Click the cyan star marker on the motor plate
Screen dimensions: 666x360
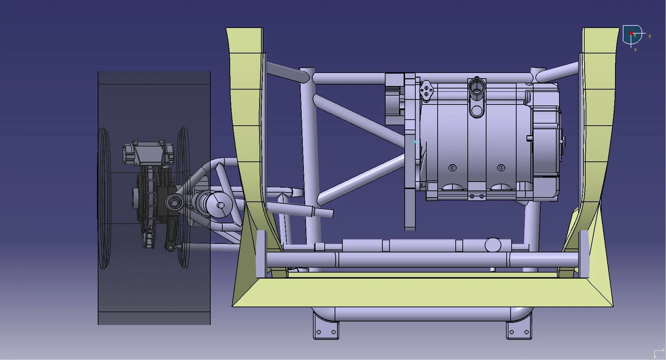415,142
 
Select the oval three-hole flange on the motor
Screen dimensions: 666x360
426,90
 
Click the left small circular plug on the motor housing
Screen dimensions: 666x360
452,168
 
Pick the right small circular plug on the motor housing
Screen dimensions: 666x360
501,168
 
